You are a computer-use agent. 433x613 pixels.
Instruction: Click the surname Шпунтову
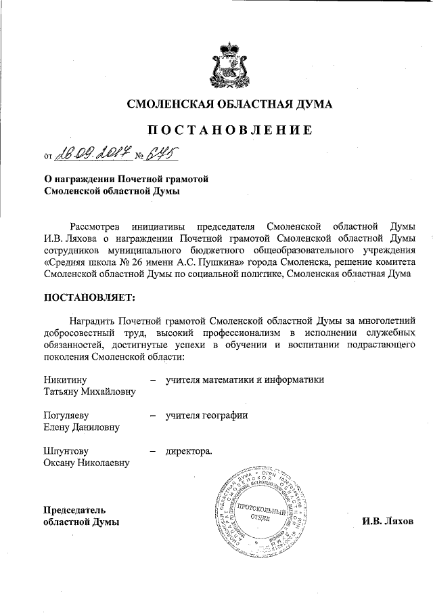tap(66, 450)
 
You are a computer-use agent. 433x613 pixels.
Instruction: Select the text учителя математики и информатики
tap(245, 379)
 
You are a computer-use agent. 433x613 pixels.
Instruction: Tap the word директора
tap(189, 450)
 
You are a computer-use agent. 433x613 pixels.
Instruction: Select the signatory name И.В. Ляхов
tap(387, 522)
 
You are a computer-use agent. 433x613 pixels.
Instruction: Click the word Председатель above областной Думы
tap(74, 509)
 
